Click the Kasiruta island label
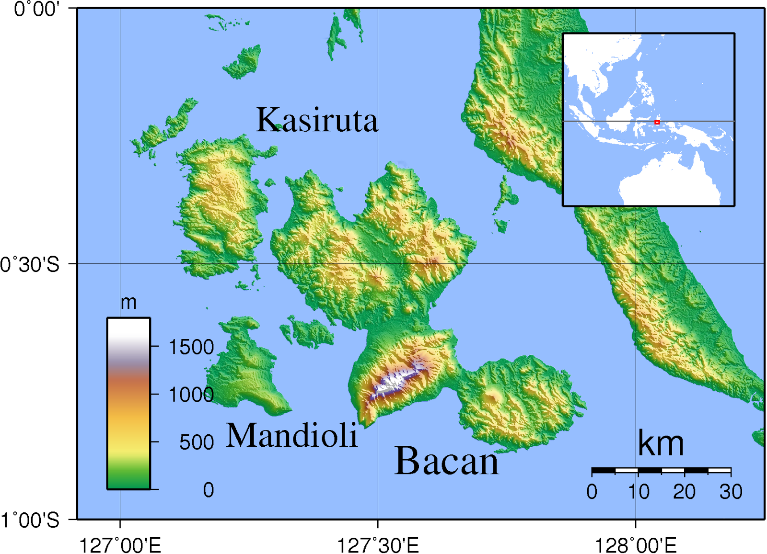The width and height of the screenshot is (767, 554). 317,120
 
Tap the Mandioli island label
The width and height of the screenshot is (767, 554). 291,435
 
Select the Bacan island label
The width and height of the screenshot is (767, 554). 446,461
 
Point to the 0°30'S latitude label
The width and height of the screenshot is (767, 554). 30,264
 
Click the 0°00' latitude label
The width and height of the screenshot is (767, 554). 36,9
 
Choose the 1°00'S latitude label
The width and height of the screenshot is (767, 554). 30,520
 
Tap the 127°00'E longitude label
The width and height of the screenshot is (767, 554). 120,545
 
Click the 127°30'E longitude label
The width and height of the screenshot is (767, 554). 378,545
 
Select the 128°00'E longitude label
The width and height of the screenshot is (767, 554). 636,545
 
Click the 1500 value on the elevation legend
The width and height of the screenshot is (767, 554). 191,347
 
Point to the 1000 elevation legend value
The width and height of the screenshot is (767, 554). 191,395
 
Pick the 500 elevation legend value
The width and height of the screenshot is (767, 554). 197,442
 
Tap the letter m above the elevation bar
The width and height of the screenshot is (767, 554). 128,303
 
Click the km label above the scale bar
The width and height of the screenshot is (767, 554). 661,444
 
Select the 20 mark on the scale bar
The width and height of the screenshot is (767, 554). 684,492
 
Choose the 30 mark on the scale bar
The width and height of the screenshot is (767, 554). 731,492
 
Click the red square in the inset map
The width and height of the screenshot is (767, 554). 657,123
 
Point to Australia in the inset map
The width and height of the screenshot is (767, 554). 671,182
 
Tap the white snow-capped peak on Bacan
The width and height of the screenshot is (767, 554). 395,381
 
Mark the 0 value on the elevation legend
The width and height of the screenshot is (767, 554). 209,490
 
